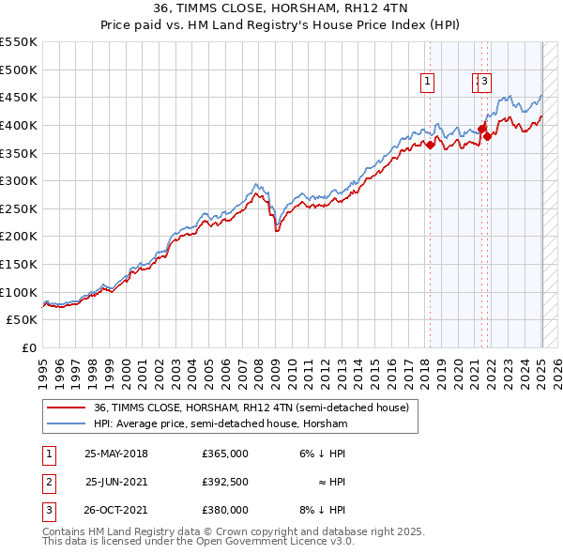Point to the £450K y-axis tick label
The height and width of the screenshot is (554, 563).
[18, 98]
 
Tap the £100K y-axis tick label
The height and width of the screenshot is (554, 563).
[18, 292]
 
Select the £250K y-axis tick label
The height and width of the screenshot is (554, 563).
[18, 208]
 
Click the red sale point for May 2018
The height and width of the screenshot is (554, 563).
[430, 145]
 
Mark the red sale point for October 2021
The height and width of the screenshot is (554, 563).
[487, 136]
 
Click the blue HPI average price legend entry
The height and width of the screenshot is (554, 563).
[221, 424]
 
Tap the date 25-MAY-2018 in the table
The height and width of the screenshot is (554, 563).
[116, 454]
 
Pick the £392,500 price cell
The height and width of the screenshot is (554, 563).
[224, 482]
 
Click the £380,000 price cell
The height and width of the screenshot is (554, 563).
[224, 510]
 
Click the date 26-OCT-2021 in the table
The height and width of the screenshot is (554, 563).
[116, 510]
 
